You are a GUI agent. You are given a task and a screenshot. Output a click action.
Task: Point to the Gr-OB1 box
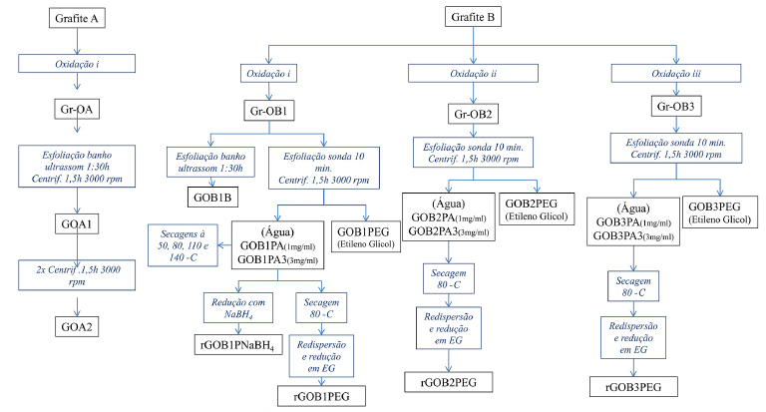coord(268,112)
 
